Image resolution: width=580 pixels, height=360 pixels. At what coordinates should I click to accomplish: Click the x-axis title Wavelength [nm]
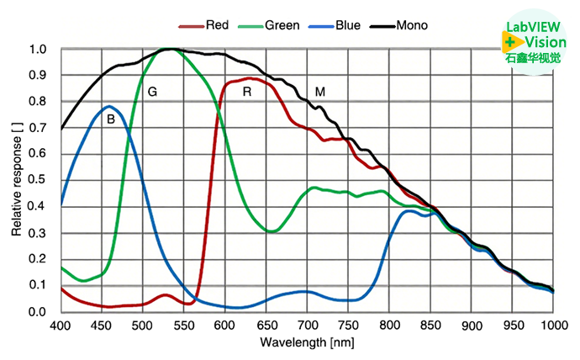[306, 342]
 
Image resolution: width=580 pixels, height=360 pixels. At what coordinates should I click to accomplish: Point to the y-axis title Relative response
[16, 181]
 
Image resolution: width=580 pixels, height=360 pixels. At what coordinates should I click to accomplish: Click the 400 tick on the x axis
[61, 325]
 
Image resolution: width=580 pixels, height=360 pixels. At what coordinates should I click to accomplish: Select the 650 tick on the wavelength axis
[266, 325]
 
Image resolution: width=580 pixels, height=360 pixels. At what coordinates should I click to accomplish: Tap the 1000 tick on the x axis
[551, 325]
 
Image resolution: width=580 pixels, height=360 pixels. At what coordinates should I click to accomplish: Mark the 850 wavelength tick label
[430, 325]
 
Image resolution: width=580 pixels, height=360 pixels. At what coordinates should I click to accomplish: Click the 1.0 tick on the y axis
[38, 50]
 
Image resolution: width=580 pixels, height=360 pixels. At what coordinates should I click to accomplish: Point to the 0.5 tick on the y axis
[38, 181]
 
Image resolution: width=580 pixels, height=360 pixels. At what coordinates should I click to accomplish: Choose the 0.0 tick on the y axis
[38, 312]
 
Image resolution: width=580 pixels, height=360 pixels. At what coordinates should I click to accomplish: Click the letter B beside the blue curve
[110, 120]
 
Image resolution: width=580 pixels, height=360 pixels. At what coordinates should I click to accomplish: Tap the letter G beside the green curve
[152, 90]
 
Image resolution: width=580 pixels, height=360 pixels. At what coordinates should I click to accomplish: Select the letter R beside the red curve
[246, 91]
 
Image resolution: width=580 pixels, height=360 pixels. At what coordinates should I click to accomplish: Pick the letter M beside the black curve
[320, 91]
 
